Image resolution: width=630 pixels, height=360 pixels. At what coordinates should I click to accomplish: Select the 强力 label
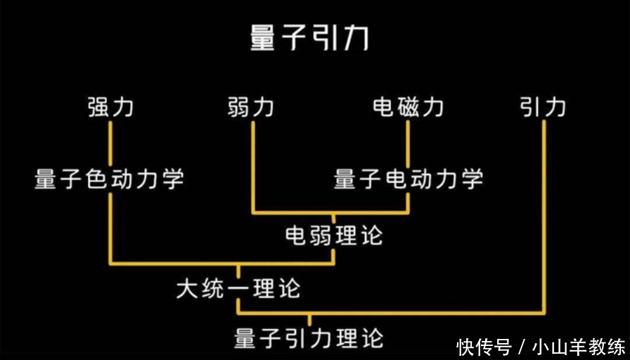(x=110, y=107)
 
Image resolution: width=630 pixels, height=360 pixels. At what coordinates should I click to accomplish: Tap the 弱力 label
(x=251, y=107)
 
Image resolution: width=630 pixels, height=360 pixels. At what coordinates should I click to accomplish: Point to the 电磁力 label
(x=409, y=107)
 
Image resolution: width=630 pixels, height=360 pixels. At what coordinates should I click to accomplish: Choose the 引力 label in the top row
(x=544, y=107)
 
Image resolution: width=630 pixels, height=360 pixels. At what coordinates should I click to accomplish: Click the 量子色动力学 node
(x=110, y=179)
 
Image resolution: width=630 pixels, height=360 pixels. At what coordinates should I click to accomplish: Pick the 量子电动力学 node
(x=409, y=179)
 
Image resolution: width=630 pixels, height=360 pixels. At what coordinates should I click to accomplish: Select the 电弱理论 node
(x=334, y=235)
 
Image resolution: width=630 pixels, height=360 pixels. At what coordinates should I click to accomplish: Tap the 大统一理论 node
(x=238, y=288)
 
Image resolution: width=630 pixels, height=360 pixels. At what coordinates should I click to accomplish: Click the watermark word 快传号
(x=483, y=347)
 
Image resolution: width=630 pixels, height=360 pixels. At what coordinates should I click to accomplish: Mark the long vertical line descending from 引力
(x=544, y=211)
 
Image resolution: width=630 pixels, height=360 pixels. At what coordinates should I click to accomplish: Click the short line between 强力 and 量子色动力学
(x=110, y=144)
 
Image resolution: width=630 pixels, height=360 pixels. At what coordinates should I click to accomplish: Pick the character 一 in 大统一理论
(x=238, y=289)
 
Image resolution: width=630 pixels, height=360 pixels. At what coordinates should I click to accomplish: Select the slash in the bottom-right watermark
(x=521, y=347)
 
